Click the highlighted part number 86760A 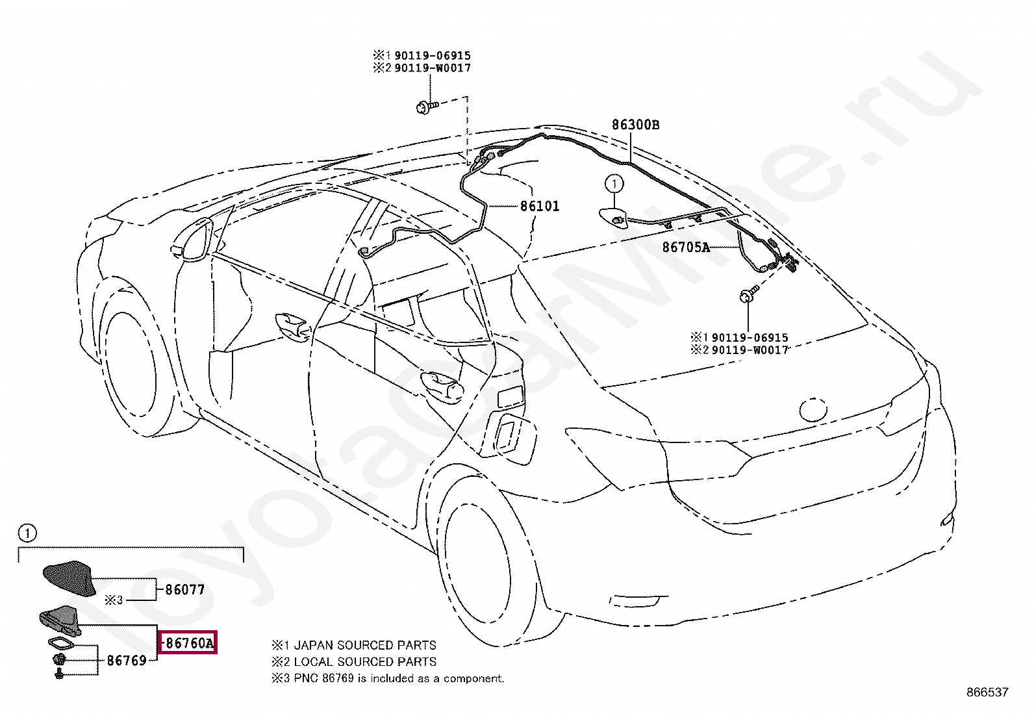click(188, 643)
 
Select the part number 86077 click(185, 590)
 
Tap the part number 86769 click(127, 661)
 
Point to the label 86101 click(540, 207)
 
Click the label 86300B click(635, 125)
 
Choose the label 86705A click(686, 248)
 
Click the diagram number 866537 click(987, 692)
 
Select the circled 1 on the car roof click(614, 184)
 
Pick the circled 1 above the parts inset click(27, 533)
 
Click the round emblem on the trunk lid click(813, 409)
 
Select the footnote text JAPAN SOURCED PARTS click(365, 645)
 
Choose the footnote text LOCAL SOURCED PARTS click(365, 661)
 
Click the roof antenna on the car click(613, 216)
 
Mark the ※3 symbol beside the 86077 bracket click(114, 600)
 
